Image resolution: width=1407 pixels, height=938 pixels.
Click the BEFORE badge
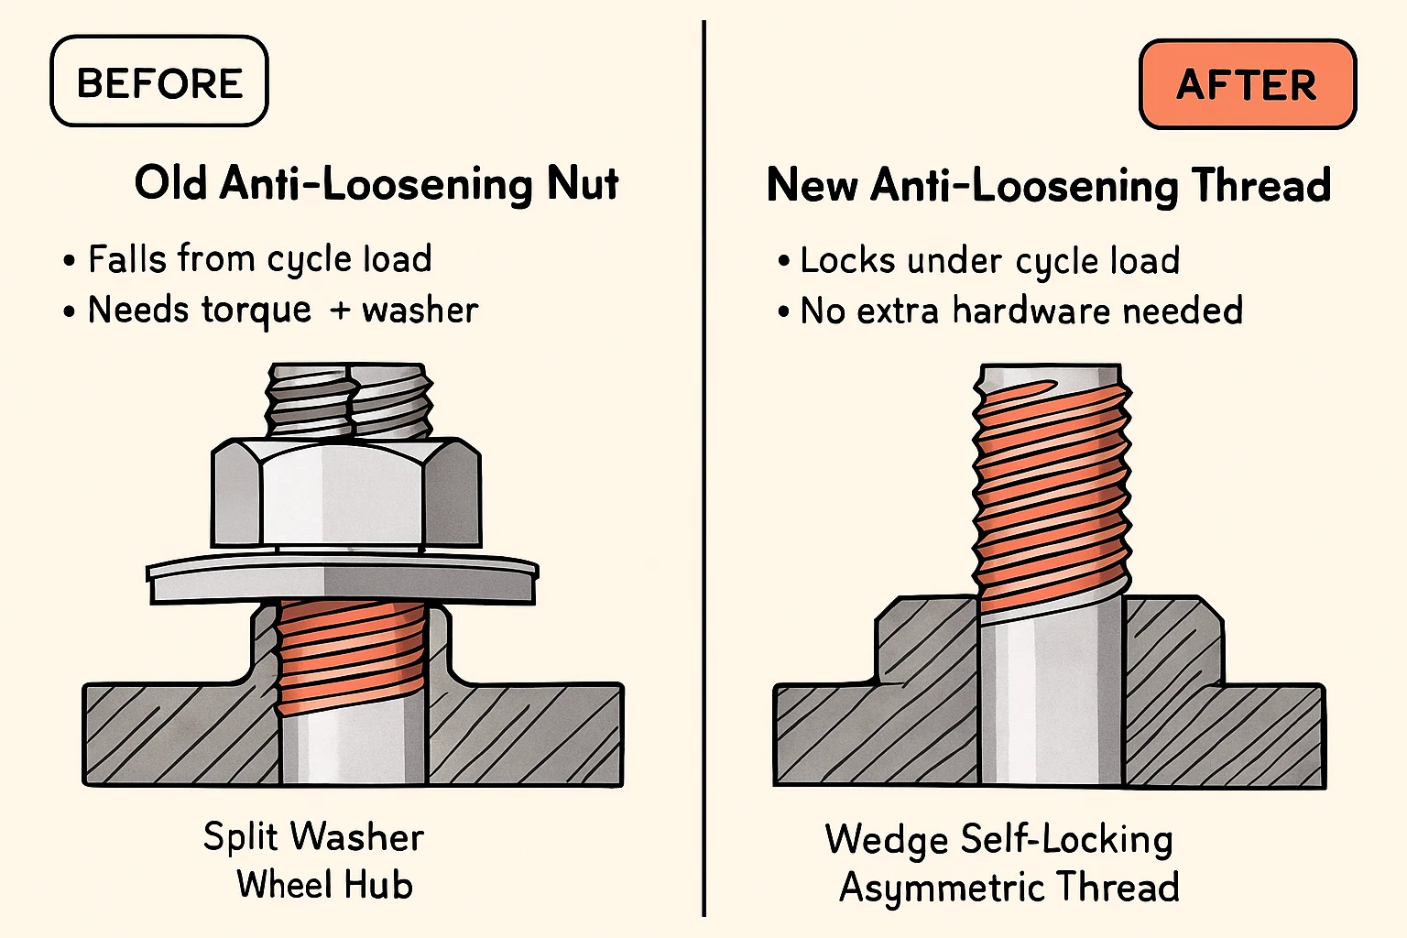(x=158, y=81)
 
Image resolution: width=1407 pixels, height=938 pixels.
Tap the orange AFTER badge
(x=1248, y=84)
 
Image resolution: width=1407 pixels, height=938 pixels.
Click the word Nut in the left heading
(x=583, y=183)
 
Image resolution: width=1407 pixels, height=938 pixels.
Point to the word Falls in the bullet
(x=128, y=258)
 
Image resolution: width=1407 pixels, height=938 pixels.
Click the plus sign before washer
(x=340, y=311)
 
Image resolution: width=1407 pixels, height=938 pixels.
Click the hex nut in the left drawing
(x=346, y=493)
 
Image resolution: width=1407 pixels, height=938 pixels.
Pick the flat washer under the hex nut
(x=343, y=579)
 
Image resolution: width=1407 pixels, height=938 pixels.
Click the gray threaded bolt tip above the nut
(x=349, y=400)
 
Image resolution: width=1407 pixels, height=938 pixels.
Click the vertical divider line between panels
(x=704, y=468)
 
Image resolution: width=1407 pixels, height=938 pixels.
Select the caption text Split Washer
(x=313, y=837)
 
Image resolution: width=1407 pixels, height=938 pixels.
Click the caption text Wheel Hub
(x=325, y=885)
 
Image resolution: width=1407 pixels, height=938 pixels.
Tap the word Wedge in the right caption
(x=887, y=839)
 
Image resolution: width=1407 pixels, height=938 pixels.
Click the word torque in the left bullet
(x=256, y=311)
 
